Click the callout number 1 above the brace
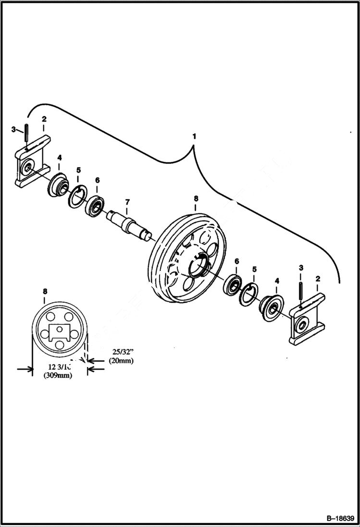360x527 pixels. point(194,136)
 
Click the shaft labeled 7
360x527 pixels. point(129,223)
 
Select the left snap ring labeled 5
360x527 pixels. point(76,197)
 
